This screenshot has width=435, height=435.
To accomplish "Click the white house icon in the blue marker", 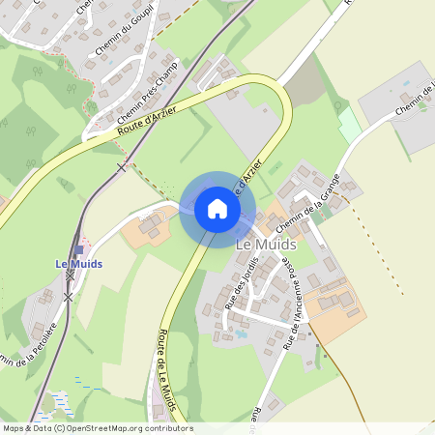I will tap(217, 209).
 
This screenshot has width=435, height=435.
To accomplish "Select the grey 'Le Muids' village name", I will tap(266, 245).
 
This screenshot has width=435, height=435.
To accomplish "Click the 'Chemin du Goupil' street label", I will tap(119, 36).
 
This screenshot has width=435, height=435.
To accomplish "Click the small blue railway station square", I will tap(78, 250).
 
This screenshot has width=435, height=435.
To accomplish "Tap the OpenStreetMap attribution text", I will tap(97, 428).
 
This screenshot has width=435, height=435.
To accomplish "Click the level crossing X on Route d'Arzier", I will tap(121, 167).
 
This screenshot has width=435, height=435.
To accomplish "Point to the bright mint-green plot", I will tap(349, 126).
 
